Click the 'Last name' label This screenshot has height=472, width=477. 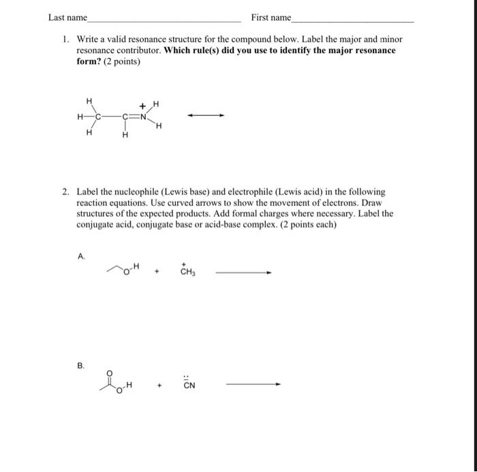click(67, 17)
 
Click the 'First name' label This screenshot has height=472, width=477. click(271, 17)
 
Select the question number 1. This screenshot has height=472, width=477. click(65, 40)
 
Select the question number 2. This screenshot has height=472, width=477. click(65, 192)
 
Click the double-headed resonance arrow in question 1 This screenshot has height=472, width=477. click(206, 115)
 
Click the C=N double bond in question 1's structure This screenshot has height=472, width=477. click(134, 115)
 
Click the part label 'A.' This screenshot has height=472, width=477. click(82, 256)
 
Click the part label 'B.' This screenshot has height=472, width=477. click(82, 366)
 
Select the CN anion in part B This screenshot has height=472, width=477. click(189, 385)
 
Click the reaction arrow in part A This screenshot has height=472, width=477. click(243, 273)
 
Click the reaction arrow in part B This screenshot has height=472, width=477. click(253, 384)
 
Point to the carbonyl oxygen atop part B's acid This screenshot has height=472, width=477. click(108, 372)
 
